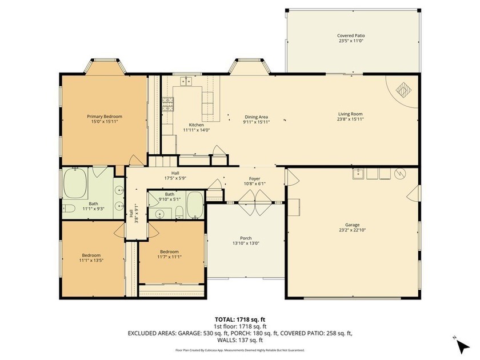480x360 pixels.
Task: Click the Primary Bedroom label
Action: [105, 117]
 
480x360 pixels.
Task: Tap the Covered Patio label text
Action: [351, 35]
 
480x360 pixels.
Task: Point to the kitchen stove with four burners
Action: [169, 104]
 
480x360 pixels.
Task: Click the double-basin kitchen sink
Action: [186, 82]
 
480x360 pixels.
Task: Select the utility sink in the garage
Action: [359, 174]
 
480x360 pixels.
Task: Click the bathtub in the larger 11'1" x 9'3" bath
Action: [75, 183]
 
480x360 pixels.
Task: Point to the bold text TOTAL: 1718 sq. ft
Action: [239, 319]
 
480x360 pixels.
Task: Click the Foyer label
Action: [254, 179]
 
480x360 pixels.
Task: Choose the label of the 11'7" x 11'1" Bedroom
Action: [169, 252]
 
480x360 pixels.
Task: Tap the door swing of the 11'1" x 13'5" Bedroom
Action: [119, 230]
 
